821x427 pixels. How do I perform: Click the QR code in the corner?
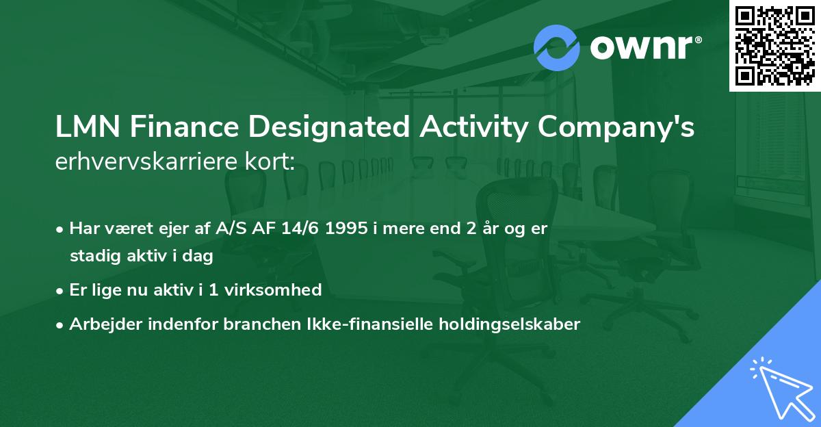(x=775, y=46)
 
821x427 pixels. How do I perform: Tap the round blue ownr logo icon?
(x=557, y=47)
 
